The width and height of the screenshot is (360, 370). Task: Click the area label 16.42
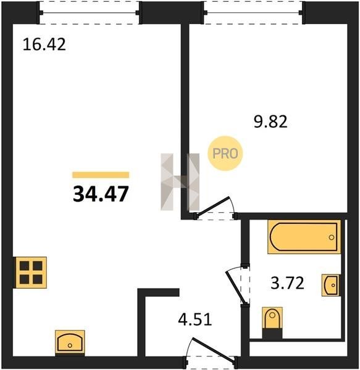[44, 44]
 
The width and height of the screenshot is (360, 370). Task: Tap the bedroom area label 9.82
[270, 121]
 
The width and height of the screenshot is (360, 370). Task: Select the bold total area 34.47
[101, 194]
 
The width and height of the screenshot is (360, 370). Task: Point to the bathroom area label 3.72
[287, 283]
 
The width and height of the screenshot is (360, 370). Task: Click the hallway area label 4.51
[195, 319]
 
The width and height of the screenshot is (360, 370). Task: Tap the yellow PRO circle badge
[225, 154]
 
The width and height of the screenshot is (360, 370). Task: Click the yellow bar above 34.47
[101, 175]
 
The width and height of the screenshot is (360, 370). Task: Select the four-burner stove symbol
[31, 273]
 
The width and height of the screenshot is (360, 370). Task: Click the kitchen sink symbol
[70, 343]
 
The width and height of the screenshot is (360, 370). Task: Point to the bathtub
[304, 237]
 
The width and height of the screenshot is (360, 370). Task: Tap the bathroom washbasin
[331, 285]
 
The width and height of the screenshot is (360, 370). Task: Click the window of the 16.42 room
[89, 12]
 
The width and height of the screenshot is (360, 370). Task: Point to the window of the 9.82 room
[253, 12]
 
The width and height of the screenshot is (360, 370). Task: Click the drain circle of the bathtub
[332, 237]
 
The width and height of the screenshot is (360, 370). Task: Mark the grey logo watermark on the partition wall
[180, 182]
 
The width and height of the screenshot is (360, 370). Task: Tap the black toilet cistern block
[272, 334]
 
